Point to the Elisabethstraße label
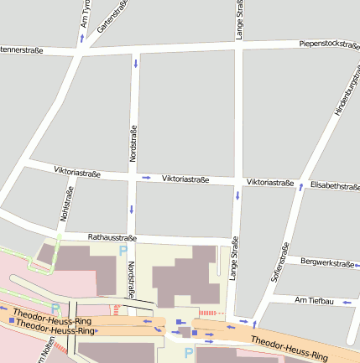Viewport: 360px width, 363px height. [x=334, y=185]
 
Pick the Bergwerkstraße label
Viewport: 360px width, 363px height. [x=326, y=263]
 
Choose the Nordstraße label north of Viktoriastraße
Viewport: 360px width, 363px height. [x=133, y=143]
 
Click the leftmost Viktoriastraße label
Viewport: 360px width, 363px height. [x=77, y=173]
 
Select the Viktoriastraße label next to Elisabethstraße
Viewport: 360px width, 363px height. [x=269, y=183]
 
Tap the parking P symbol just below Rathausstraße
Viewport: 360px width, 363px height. [x=123, y=251]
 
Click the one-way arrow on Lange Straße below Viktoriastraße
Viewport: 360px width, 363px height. [x=237, y=196]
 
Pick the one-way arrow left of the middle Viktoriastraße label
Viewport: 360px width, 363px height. [x=146, y=178]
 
